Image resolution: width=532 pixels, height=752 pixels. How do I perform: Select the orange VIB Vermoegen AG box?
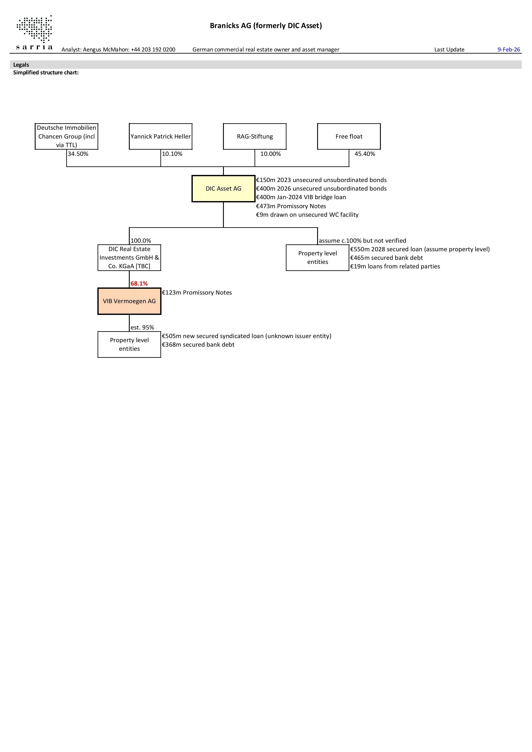129,301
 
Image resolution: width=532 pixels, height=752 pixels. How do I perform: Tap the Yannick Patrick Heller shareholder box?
161,137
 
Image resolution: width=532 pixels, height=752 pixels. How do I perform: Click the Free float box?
349,137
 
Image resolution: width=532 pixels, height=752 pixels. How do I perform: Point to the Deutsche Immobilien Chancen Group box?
66,136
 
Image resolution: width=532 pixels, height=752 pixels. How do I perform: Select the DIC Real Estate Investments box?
129,258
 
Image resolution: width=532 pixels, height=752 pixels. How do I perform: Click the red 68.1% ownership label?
139,284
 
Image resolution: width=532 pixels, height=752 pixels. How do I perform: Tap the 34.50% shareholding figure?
78,154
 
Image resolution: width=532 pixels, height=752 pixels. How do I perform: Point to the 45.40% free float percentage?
365,154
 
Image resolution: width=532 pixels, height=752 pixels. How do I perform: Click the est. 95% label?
142,328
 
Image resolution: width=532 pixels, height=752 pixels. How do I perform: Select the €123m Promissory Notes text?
197,292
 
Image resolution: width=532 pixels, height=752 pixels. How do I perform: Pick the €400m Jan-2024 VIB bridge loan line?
301,197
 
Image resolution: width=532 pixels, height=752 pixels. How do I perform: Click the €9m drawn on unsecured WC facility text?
307,215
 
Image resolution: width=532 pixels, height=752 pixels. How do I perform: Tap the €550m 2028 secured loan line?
420,249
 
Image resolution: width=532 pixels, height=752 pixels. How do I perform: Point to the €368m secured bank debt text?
198,344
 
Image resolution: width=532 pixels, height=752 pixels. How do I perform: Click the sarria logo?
34,33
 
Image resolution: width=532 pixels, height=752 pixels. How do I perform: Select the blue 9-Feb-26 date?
508,50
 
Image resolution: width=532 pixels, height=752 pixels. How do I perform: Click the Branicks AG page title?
266,26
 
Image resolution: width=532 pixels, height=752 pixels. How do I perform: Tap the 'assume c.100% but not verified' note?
362,241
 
